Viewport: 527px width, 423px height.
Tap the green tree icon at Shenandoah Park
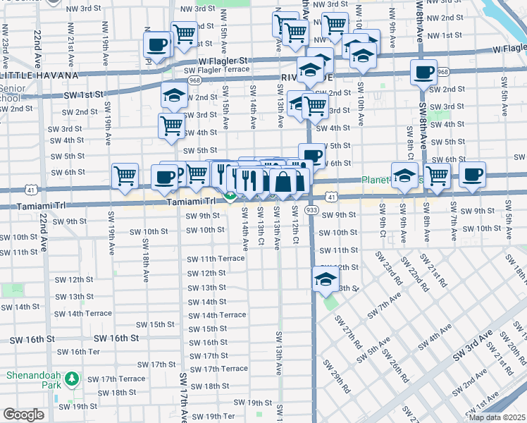click(70, 380)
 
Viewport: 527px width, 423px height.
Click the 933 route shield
click(312, 211)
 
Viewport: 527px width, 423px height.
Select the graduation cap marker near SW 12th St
click(325, 280)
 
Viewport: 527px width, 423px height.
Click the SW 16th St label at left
click(32, 339)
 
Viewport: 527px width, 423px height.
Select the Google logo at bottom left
click(23, 415)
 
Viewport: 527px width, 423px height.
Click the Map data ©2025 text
click(497, 417)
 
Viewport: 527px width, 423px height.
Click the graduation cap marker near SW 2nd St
click(173, 94)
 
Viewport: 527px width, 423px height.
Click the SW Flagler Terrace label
click(217, 70)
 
